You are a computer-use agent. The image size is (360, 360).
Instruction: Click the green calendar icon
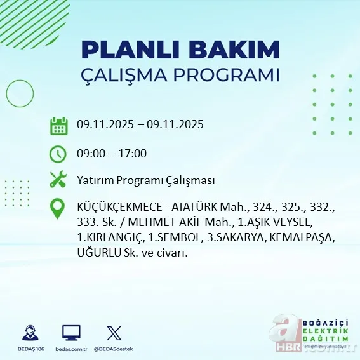tap(58, 125)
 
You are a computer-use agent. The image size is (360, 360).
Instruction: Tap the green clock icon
tap(58, 153)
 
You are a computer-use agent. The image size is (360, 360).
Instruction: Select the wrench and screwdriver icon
tap(58, 180)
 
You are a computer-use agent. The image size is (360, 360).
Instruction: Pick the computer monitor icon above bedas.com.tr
tap(70, 333)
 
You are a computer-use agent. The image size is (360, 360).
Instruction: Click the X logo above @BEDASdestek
tap(114, 333)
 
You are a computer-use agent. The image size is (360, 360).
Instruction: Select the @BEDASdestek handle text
tap(114, 349)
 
